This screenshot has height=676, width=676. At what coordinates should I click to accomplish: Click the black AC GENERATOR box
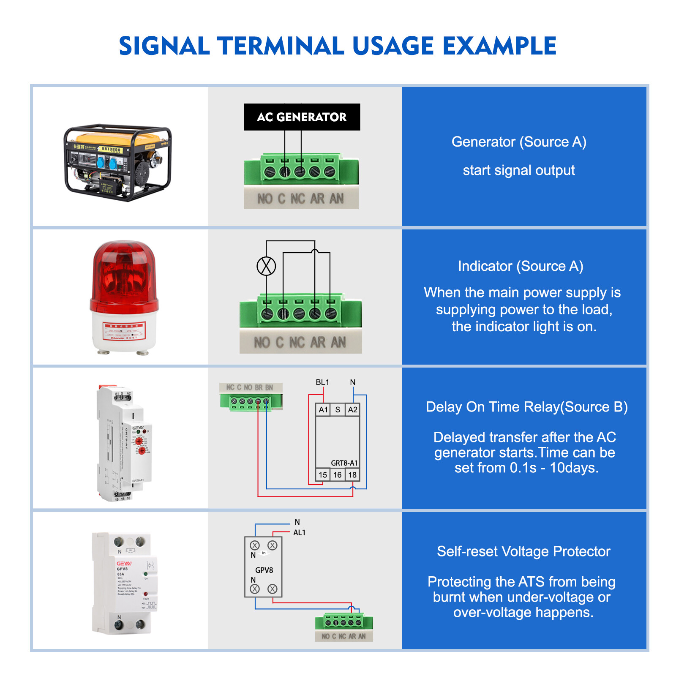point(302,117)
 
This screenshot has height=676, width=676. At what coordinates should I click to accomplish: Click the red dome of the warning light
point(124,270)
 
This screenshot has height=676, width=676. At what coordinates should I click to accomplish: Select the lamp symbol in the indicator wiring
point(266,266)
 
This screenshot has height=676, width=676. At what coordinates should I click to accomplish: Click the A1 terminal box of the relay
point(323,409)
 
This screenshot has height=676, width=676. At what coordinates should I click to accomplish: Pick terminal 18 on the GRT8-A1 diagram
point(352,475)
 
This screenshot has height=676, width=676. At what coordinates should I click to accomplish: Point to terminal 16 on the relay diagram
point(337,475)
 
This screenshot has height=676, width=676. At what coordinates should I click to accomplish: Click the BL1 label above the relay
point(322,382)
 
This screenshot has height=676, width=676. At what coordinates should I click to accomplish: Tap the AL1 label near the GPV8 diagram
point(299,533)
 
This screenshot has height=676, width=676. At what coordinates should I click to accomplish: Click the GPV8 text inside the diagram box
point(264,570)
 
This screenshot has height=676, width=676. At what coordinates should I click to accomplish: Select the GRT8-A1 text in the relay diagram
point(344,463)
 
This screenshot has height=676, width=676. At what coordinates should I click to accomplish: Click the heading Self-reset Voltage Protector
point(523,551)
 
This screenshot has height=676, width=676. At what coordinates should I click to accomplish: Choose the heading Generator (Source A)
point(519,142)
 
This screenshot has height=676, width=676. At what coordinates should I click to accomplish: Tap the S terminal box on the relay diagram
point(338,409)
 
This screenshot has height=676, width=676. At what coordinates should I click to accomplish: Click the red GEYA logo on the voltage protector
point(124,564)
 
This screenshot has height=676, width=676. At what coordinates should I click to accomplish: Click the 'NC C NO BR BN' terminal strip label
point(250,387)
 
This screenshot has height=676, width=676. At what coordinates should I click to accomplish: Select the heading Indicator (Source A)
point(521,266)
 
